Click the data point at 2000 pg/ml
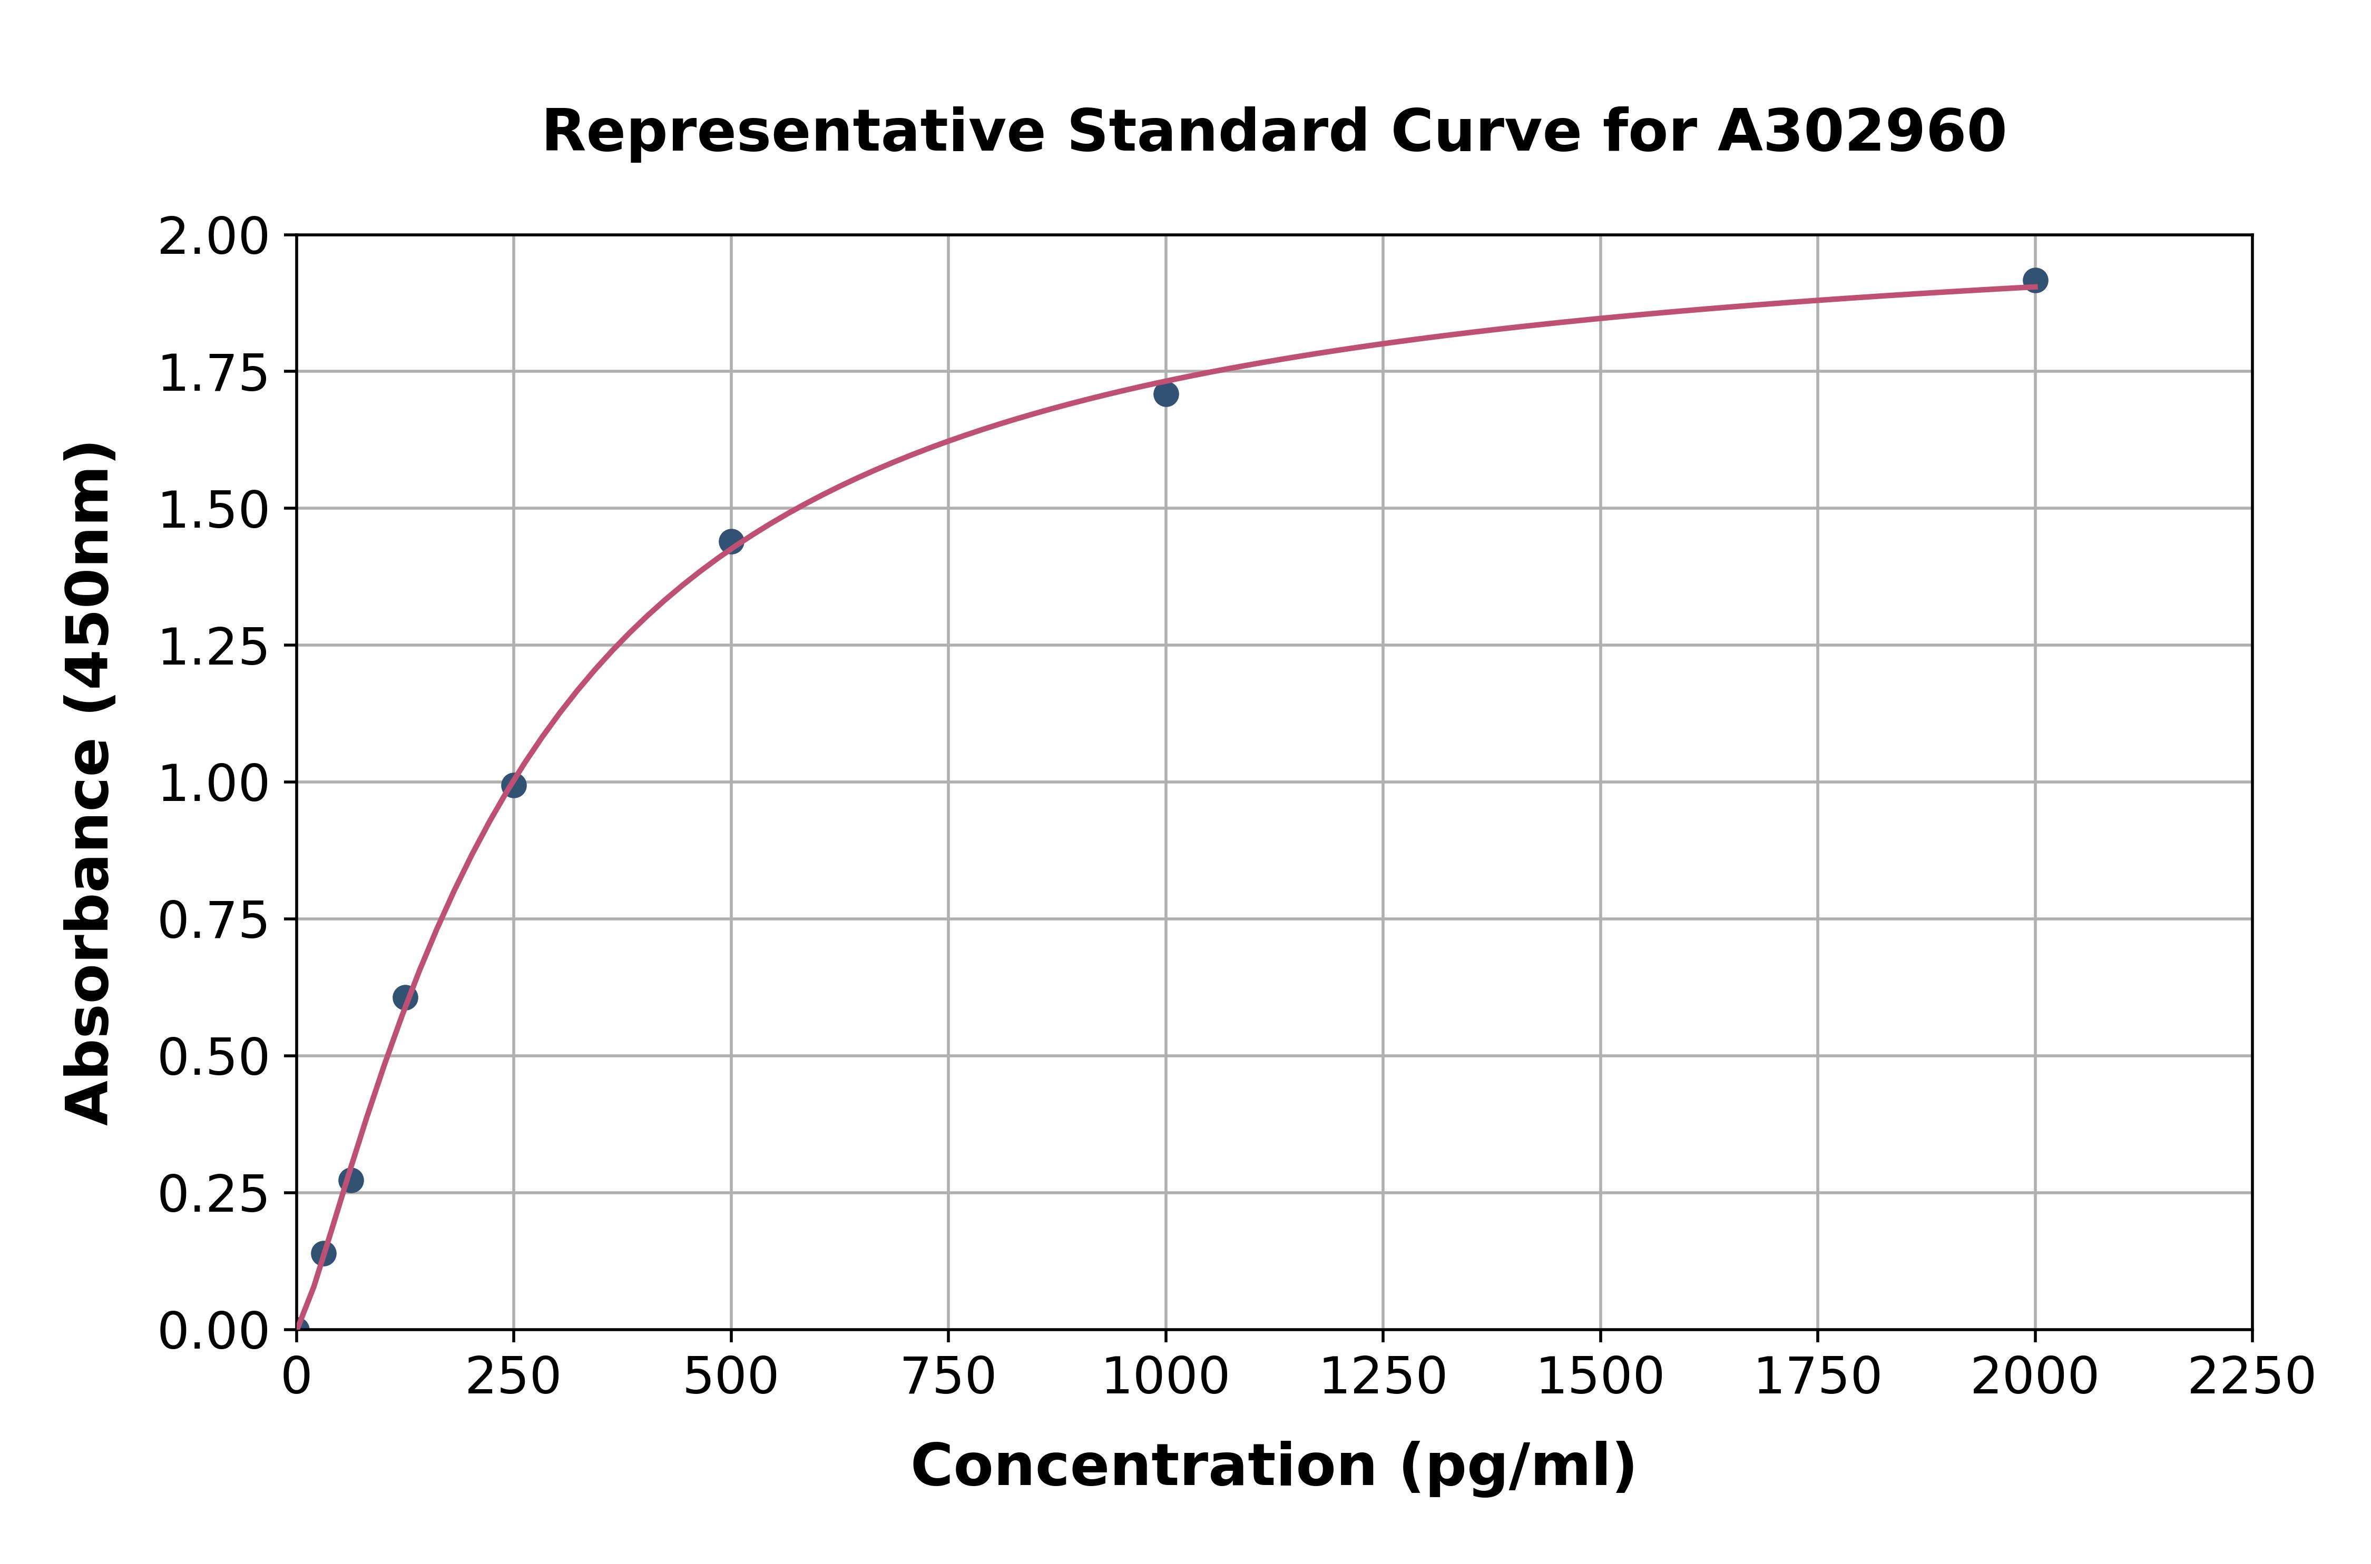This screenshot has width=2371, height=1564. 2035,280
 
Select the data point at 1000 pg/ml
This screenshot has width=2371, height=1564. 1165,394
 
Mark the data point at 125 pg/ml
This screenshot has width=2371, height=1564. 404,997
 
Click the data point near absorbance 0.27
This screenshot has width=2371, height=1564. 350,1180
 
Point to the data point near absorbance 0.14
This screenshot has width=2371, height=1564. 324,1253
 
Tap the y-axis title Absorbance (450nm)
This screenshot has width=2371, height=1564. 88,783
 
